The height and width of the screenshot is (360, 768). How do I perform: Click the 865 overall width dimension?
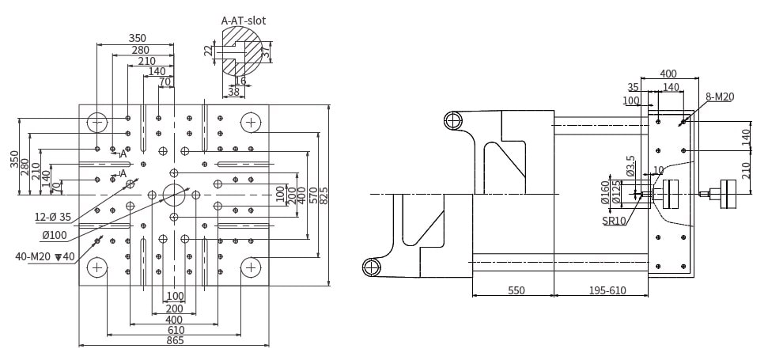coord(175,340)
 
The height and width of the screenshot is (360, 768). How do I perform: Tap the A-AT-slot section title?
coord(243,21)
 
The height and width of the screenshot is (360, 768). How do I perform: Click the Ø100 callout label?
coord(55,235)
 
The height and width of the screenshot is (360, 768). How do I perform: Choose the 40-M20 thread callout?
coord(44,256)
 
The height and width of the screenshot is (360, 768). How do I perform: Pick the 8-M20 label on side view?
coord(719,97)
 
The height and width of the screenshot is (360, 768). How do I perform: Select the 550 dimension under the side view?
coord(514,290)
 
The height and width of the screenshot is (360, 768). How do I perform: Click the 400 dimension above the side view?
coord(668,73)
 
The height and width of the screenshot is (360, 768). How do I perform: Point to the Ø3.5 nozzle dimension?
coord(630,165)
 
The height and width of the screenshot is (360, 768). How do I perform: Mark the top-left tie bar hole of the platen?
coord(98,123)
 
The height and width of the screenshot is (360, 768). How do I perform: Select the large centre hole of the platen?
coord(174,194)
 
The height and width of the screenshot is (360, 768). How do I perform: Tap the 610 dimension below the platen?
coord(175,329)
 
